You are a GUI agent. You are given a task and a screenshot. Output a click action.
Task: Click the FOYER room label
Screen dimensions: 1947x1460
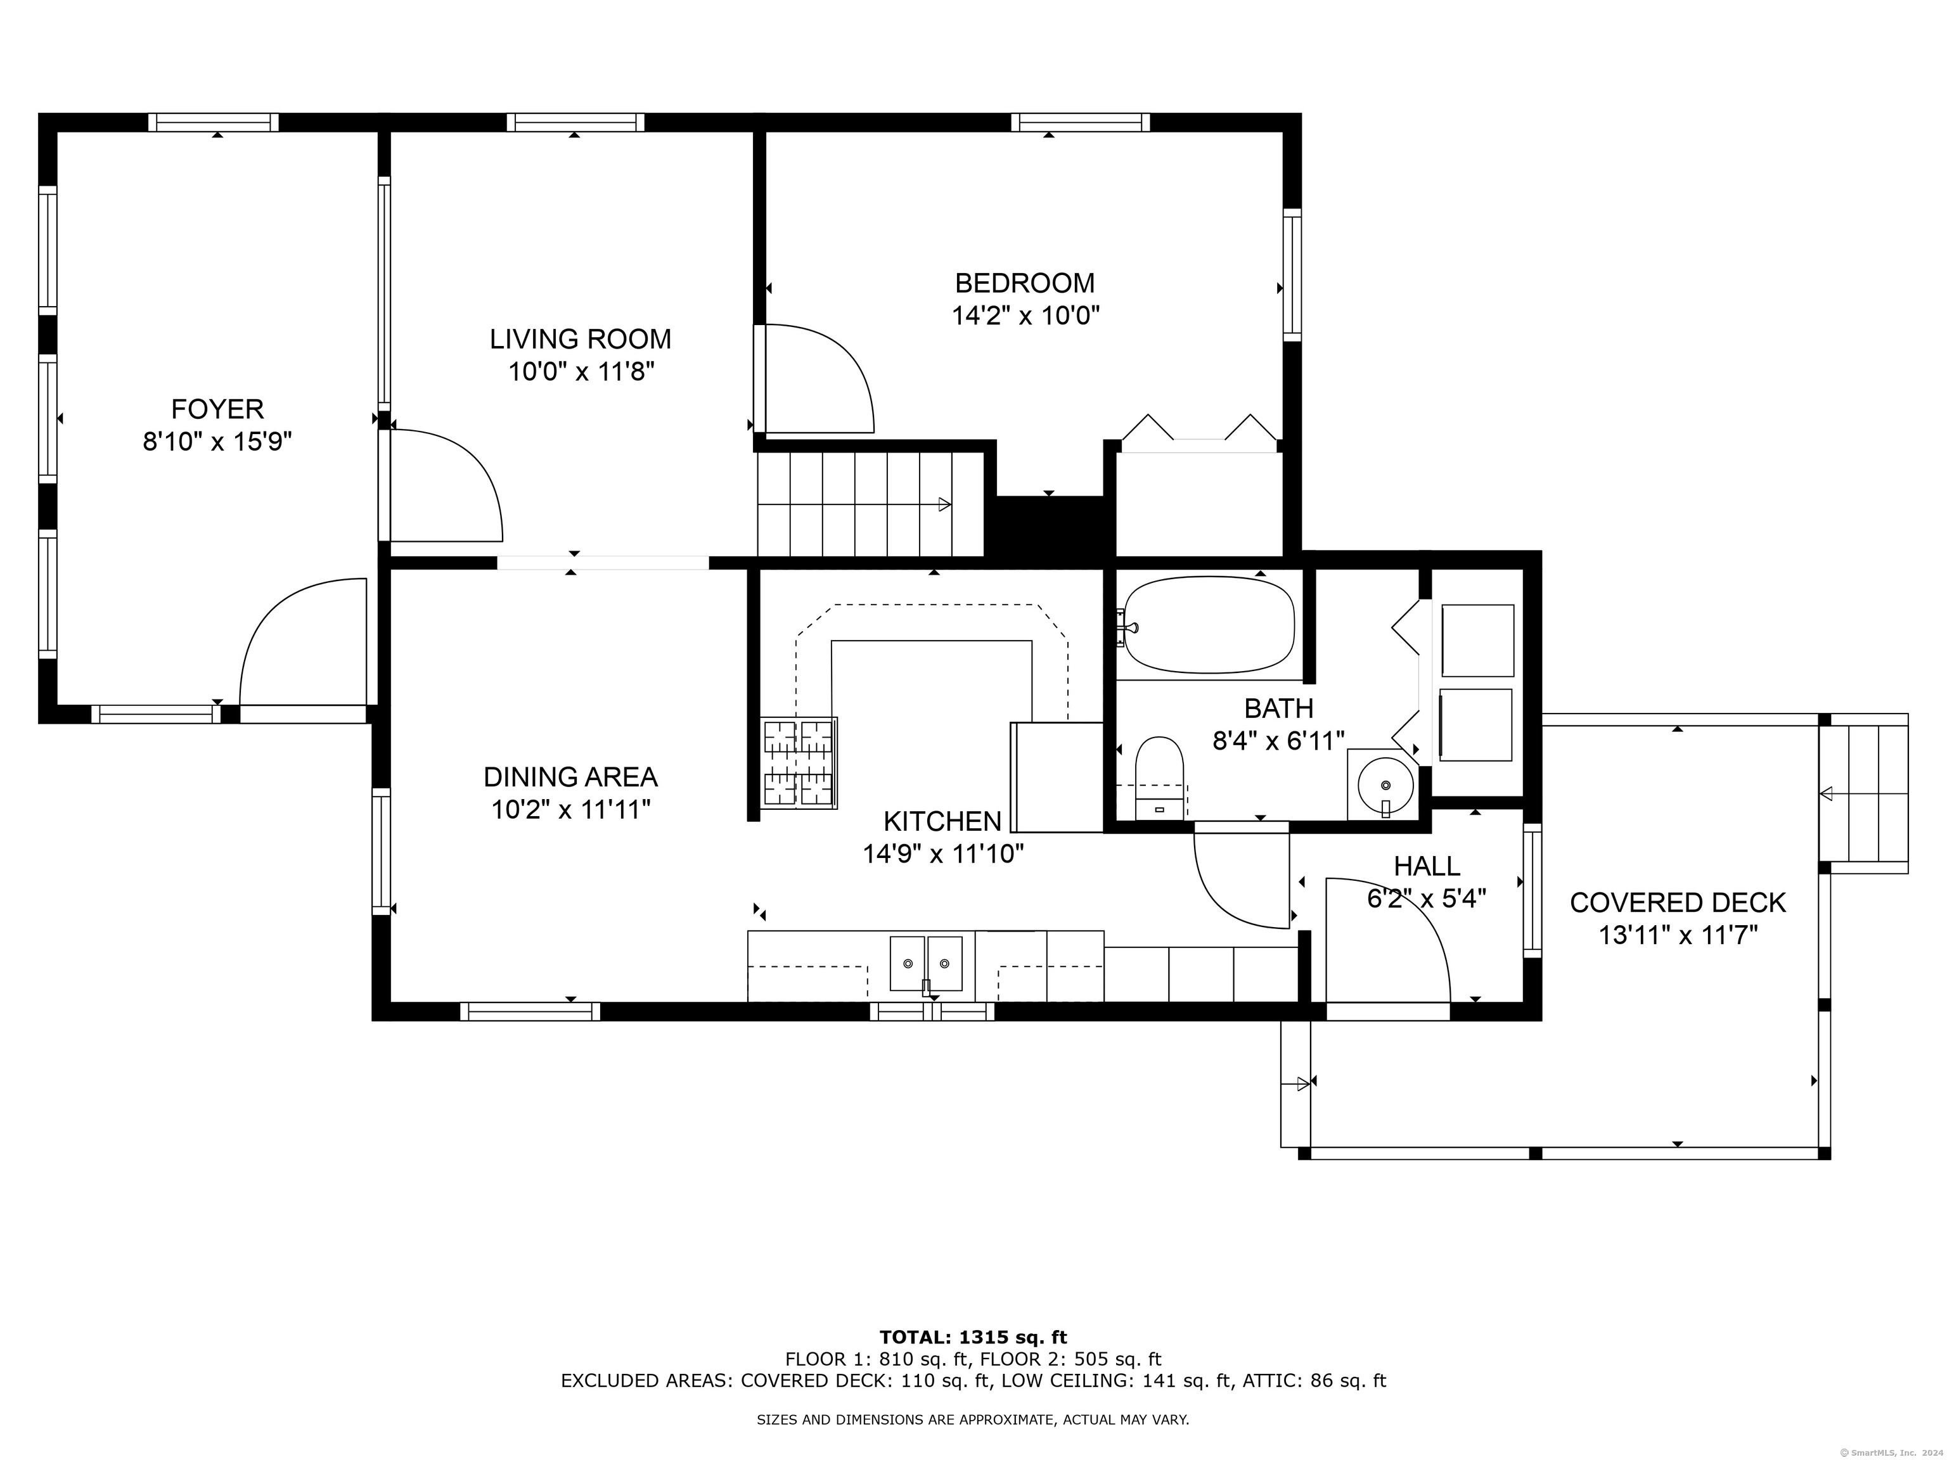click(217, 409)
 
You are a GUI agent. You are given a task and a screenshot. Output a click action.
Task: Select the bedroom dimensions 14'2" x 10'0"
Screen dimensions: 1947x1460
click(1025, 315)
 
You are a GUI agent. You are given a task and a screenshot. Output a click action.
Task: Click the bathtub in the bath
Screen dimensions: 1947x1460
click(1209, 624)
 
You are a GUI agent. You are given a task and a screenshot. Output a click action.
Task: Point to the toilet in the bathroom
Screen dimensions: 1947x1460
click(1159, 778)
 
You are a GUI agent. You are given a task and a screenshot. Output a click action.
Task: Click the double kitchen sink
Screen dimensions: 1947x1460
click(926, 964)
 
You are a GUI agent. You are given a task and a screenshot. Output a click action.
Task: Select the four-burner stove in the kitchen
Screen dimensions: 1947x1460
click(799, 763)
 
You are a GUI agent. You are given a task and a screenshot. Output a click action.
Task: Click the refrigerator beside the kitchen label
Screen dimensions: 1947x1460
click(1057, 777)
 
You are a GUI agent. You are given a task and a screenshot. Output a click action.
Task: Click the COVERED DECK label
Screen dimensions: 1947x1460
click(1678, 903)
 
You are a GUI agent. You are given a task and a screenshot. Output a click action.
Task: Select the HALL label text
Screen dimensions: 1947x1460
click(1427, 866)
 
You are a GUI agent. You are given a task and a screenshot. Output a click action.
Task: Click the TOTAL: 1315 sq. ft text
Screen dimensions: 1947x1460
click(973, 1338)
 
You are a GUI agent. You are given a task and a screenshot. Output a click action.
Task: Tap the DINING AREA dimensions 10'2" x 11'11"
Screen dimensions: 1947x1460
click(570, 809)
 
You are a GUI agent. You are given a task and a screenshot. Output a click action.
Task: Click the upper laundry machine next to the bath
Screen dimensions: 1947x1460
click(1477, 640)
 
